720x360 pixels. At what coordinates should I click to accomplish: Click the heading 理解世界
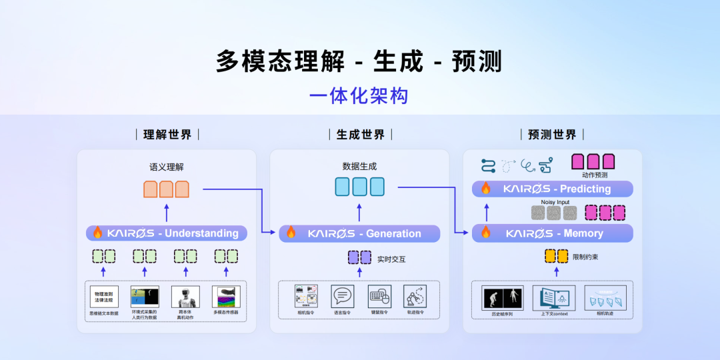pos(167,135)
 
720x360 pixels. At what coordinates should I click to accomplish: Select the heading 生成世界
pos(360,135)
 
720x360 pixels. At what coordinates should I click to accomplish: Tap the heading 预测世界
pos(552,135)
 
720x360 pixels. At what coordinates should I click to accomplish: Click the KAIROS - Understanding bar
pos(167,233)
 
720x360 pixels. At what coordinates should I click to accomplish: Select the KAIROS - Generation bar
pos(360,233)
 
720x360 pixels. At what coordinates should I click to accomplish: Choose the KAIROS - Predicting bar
pos(552,189)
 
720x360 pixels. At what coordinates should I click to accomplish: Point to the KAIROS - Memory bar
pos(552,233)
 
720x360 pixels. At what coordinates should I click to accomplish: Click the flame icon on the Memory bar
pos(485,233)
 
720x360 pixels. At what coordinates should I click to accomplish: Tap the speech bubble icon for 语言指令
pos(342,296)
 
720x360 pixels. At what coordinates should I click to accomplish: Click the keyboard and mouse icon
pos(379,296)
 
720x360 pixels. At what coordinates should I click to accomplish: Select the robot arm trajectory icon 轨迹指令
pos(415,296)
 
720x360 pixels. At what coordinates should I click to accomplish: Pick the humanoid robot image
pos(185,296)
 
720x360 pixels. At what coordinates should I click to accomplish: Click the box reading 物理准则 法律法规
pos(104,296)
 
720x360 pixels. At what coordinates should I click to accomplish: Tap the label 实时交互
pos(391,259)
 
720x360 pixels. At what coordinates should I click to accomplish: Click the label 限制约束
pos(585,257)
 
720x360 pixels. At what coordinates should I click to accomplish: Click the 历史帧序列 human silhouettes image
pos(502,297)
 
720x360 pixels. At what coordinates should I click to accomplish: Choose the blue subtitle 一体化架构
pos(359,96)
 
